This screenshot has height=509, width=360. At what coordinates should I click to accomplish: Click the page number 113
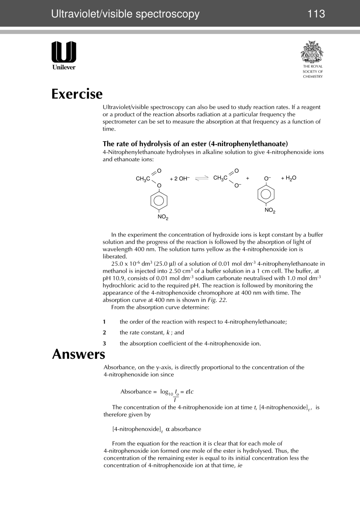(x=316, y=14)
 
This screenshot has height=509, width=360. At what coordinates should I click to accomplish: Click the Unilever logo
(x=64, y=55)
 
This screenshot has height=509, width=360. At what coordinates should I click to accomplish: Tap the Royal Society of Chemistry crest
(x=312, y=52)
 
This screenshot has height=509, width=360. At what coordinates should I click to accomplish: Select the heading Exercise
(x=77, y=94)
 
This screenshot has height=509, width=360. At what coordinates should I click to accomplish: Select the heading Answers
(x=78, y=354)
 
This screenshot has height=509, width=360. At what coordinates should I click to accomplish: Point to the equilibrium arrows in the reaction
(x=202, y=178)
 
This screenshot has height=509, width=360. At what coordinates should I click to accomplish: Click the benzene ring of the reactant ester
(x=159, y=201)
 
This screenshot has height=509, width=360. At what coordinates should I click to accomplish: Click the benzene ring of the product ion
(x=266, y=194)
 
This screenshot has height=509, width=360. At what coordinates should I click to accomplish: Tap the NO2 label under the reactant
(x=163, y=217)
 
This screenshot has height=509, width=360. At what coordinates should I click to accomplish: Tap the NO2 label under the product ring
(x=270, y=211)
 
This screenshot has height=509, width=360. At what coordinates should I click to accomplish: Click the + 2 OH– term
(x=180, y=178)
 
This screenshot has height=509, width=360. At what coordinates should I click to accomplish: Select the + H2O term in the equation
(x=288, y=178)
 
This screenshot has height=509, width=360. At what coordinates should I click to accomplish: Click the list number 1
(x=104, y=322)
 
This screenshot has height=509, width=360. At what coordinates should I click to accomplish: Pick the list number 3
(x=104, y=343)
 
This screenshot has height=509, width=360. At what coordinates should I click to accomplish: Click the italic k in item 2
(x=168, y=333)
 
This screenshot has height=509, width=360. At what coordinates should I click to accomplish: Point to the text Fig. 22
(x=217, y=300)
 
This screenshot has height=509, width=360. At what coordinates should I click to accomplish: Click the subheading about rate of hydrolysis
(x=195, y=144)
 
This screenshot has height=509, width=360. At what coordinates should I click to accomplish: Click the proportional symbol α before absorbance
(x=167, y=429)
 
